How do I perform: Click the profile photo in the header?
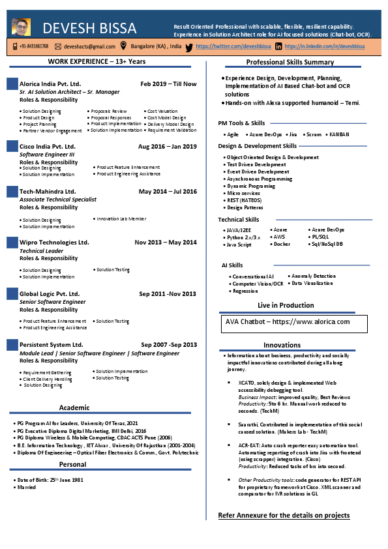[x=21, y=28]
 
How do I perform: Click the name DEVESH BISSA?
[x=90, y=29]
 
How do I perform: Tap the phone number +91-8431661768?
[x=33, y=47]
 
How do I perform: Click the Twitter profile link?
[x=233, y=47]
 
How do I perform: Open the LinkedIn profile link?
[x=324, y=47]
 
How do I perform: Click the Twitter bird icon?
[x=189, y=47]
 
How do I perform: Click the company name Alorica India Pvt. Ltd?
[x=50, y=84]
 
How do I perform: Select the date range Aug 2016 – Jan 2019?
[x=168, y=147]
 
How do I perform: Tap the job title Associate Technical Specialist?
[x=58, y=200]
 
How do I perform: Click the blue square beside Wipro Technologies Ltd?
[x=12, y=243]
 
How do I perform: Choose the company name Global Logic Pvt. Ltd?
[x=50, y=294]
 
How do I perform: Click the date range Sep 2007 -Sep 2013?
[x=168, y=344]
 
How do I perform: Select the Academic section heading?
[x=74, y=408]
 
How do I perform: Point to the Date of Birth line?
[x=50, y=480]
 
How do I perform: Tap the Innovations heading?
[x=282, y=345]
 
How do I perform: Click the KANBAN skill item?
[x=338, y=134]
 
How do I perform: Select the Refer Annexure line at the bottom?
[x=284, y=516]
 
